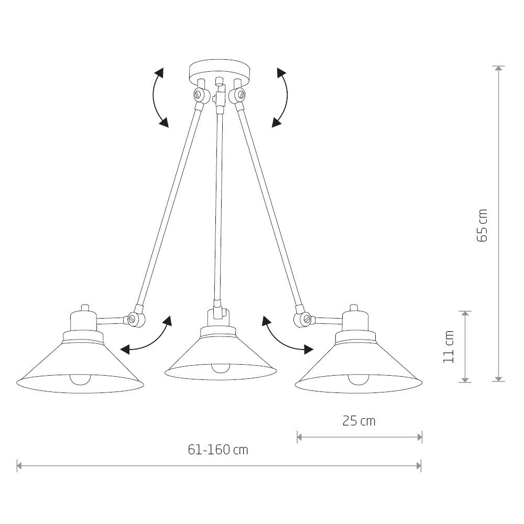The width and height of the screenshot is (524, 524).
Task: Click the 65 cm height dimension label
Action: [x=482, y=225]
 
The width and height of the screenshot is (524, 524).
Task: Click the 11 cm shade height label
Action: [x=449, y=346]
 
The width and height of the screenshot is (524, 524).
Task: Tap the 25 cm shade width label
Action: [x=359, y=421]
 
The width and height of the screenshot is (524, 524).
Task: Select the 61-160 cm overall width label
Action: [x=218, y=450]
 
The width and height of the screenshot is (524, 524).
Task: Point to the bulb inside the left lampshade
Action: [x=80, y=379]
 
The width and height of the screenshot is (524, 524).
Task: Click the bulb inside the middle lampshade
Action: [x=221, y=368]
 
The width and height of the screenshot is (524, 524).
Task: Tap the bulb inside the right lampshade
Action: [x=358, y=379]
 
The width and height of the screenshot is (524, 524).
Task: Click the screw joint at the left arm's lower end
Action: [x=135, y=319]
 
